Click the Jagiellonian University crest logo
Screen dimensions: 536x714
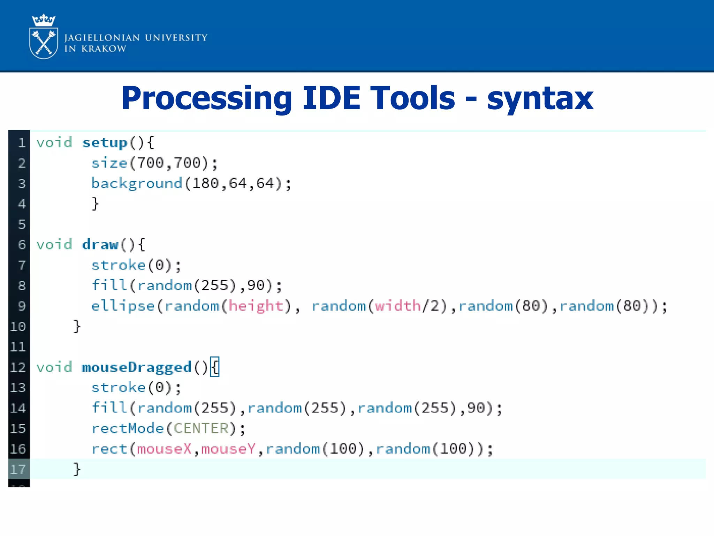click(44, 37)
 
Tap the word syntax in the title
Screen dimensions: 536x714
click(540, 98)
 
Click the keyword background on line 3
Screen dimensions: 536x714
click(137, 184)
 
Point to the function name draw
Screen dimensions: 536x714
click(100, 245)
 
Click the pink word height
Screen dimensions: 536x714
click(256, 306)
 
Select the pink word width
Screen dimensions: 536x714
click(398, 306)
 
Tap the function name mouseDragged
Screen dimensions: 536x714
click(137, 367)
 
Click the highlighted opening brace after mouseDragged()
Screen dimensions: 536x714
click(215, 367)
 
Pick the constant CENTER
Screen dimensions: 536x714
click(201, 429)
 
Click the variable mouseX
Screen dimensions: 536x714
click(164, 449)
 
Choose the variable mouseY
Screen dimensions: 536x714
click(229, 449)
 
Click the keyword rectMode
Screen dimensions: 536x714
click(128, 429)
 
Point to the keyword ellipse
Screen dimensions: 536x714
click(123, 306)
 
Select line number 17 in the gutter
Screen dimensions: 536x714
click(18, 469)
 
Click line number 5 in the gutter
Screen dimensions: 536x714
click(22, 224)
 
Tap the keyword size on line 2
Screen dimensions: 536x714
click(109, 163)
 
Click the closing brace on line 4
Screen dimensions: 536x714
click(95, 204)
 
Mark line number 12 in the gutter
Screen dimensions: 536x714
click(18, 367)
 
